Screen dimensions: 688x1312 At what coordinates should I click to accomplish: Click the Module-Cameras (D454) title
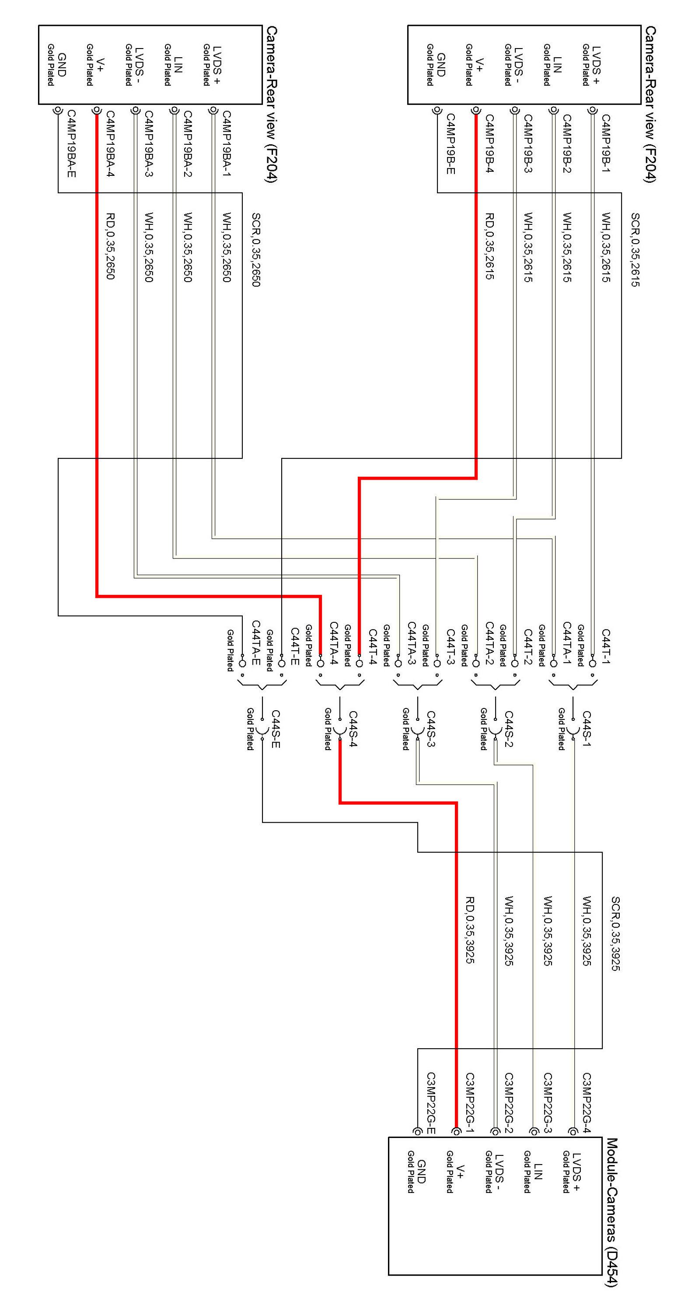pyautogui.click(x=611, y=1212)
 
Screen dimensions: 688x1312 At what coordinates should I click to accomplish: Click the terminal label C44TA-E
pyautogui.click(x=255, y=643)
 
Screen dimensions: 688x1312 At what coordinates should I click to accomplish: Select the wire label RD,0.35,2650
pyautogui.click(x=110, y=246)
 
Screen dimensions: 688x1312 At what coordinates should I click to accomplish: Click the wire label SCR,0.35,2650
pyautogui.click(x=255, y=250)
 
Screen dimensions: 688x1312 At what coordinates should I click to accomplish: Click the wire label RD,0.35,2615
pyautogui.click(x=489, y=246)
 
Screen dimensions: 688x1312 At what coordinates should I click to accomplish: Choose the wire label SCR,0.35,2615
pyautogui.click(x=635, y=250)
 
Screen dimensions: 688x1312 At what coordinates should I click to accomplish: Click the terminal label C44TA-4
pyautogui.click(x=334, y=643)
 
